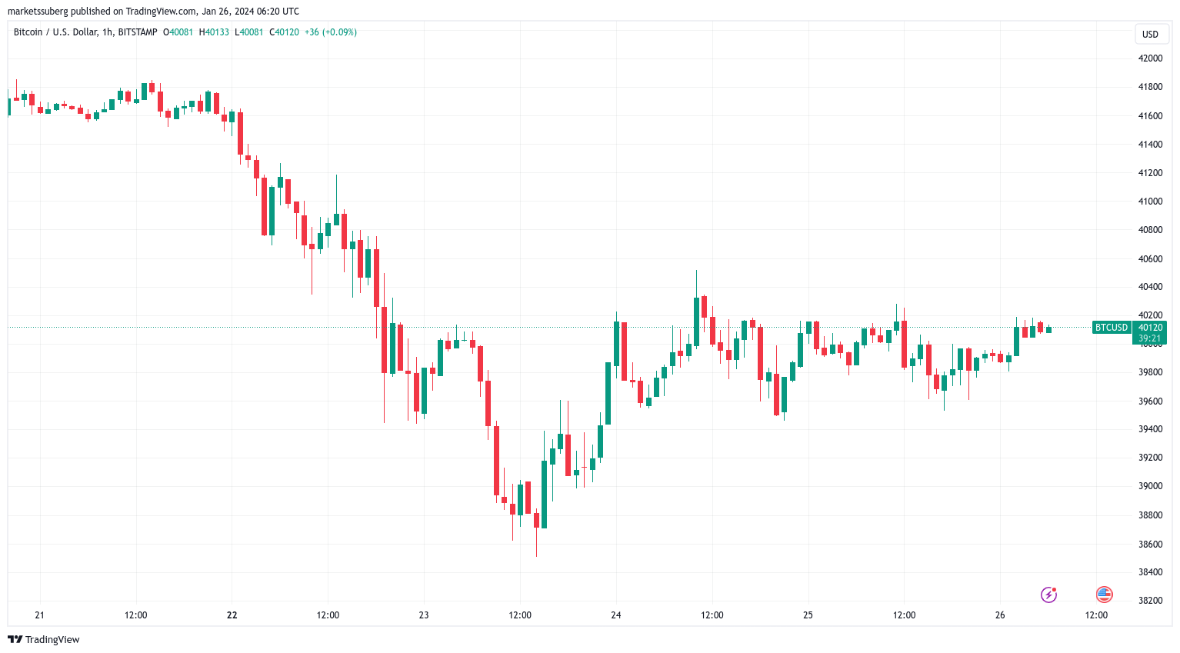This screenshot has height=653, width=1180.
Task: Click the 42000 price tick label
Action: click(1150, 58)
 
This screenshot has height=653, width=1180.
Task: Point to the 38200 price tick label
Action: click(1150, 601)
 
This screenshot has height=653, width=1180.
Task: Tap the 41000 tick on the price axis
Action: click(1150, 202)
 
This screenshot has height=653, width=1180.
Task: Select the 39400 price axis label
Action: click(1150, 429)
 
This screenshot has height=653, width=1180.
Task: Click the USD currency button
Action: click(1150, 35)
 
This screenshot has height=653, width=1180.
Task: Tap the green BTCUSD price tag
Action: click(1111, 328)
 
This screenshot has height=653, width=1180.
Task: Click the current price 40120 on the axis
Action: click(1150, 328)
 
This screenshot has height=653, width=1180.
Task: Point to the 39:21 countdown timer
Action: click(1150, 338)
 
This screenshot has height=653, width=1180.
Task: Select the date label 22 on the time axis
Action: click(232, 615)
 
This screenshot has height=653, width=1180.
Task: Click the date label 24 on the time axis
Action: click(616, 615)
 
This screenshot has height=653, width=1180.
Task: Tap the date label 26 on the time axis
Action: click(1000, 615)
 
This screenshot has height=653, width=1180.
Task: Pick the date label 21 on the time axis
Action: click(40, 615)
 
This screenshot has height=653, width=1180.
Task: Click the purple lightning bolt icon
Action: click(1048, 595)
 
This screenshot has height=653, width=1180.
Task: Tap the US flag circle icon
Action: click(1104, 594)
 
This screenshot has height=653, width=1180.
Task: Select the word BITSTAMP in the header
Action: click(138, 32)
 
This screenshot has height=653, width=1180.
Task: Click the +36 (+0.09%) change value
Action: click(331, 32)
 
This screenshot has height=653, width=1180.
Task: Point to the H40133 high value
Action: click(214, 32)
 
